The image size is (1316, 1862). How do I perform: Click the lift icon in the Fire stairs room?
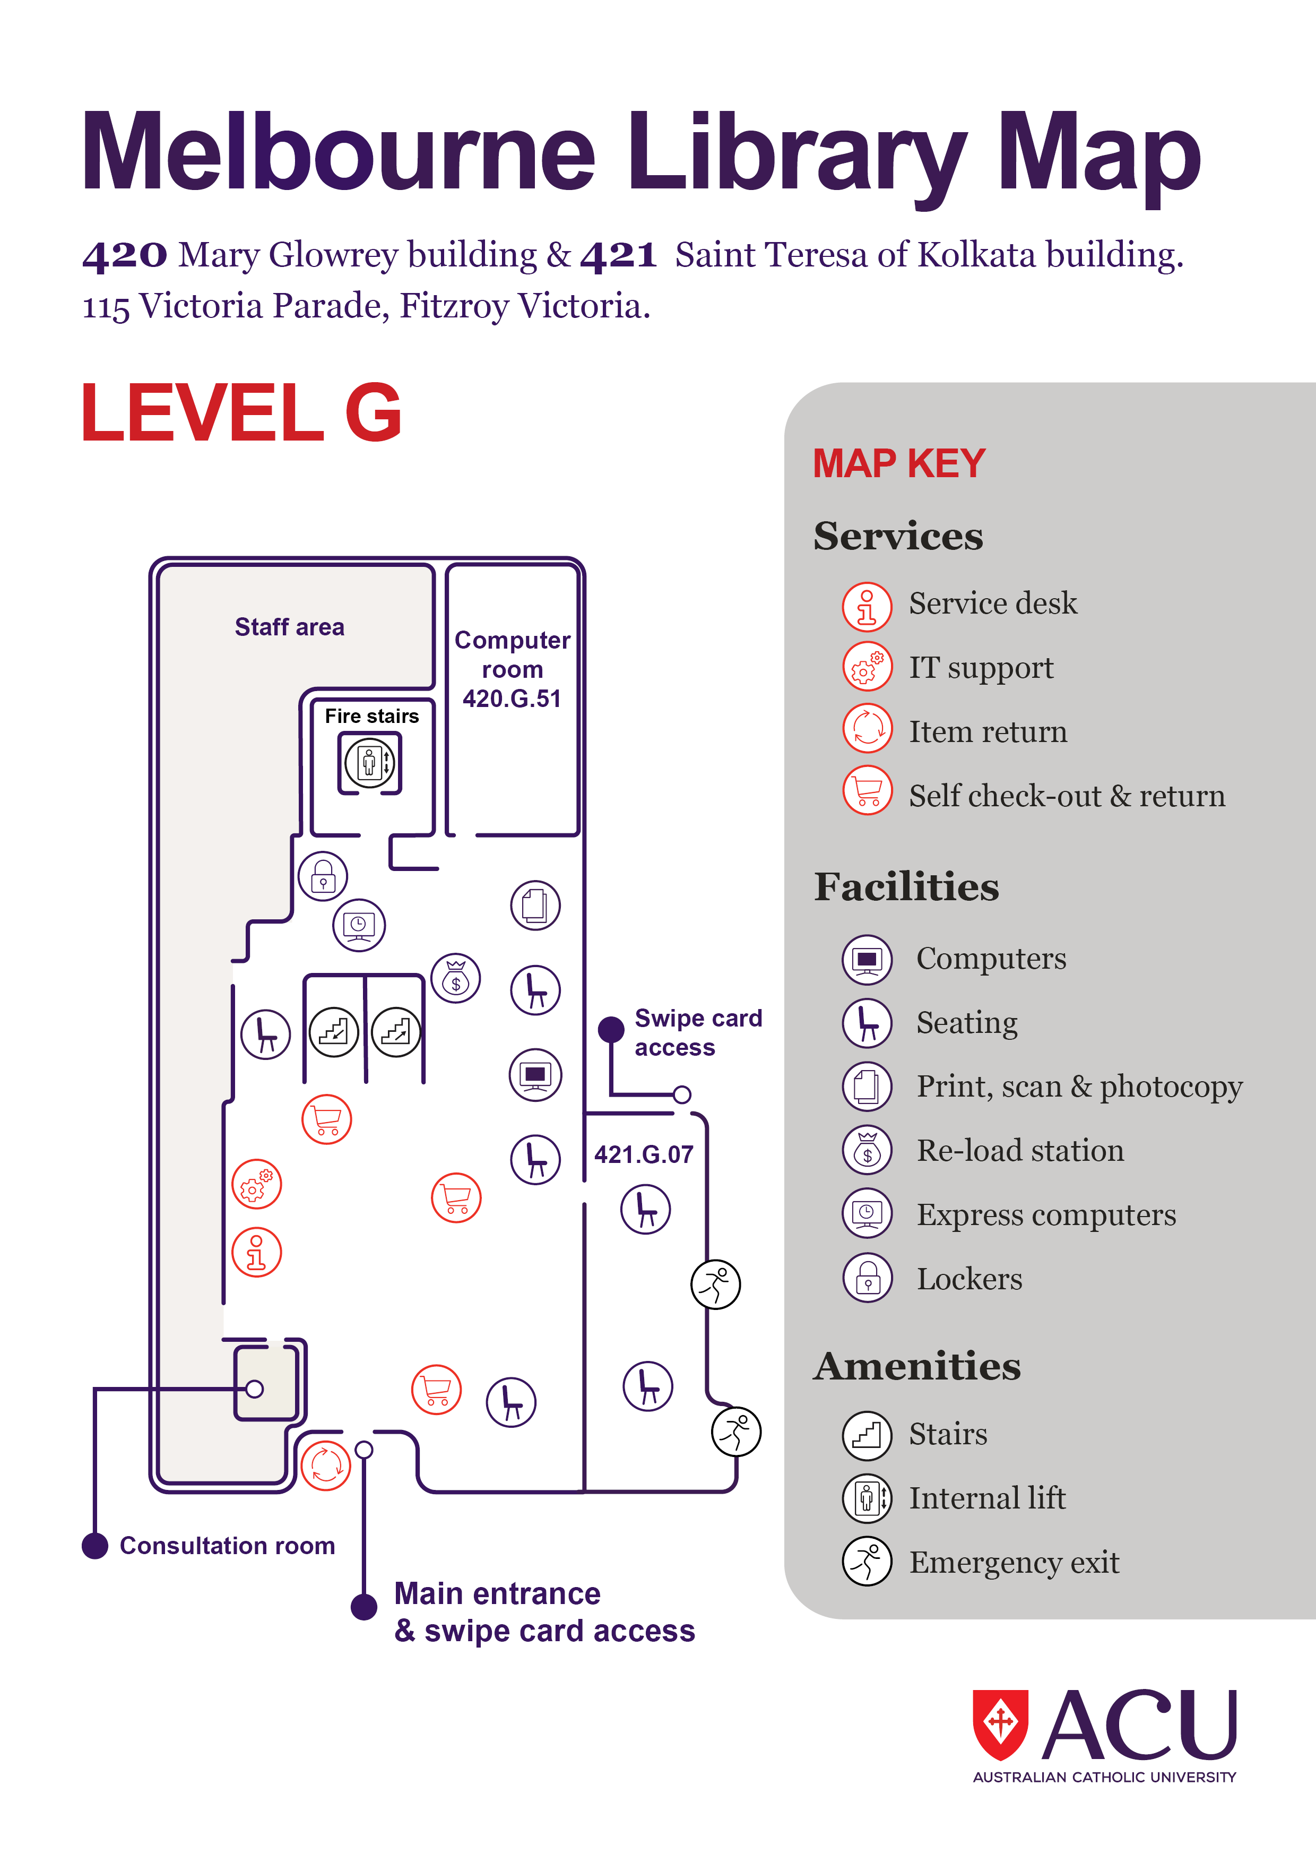[370, 762]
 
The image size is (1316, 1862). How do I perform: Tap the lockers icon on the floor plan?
[323, 876]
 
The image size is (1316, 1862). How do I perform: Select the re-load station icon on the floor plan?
[456, 978]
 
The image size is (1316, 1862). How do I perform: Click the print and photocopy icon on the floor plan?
[535, 905]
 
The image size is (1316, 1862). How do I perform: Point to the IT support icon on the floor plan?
[256, 1184]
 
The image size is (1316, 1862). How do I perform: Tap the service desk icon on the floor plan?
[256, 1252]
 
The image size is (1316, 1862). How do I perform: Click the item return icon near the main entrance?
[326, 1466]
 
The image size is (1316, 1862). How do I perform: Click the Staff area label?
[290, 627]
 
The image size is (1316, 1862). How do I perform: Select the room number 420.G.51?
[512, 699]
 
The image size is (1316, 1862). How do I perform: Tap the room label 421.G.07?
[644, 1154]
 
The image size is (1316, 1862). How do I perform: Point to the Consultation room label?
[227, 1546]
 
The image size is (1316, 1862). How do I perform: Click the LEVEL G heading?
[241, 413]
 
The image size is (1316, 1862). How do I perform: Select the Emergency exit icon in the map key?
[867, 1561]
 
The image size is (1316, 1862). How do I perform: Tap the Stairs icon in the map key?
[867, 1434]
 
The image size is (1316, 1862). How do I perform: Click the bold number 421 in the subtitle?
[618, 255]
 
